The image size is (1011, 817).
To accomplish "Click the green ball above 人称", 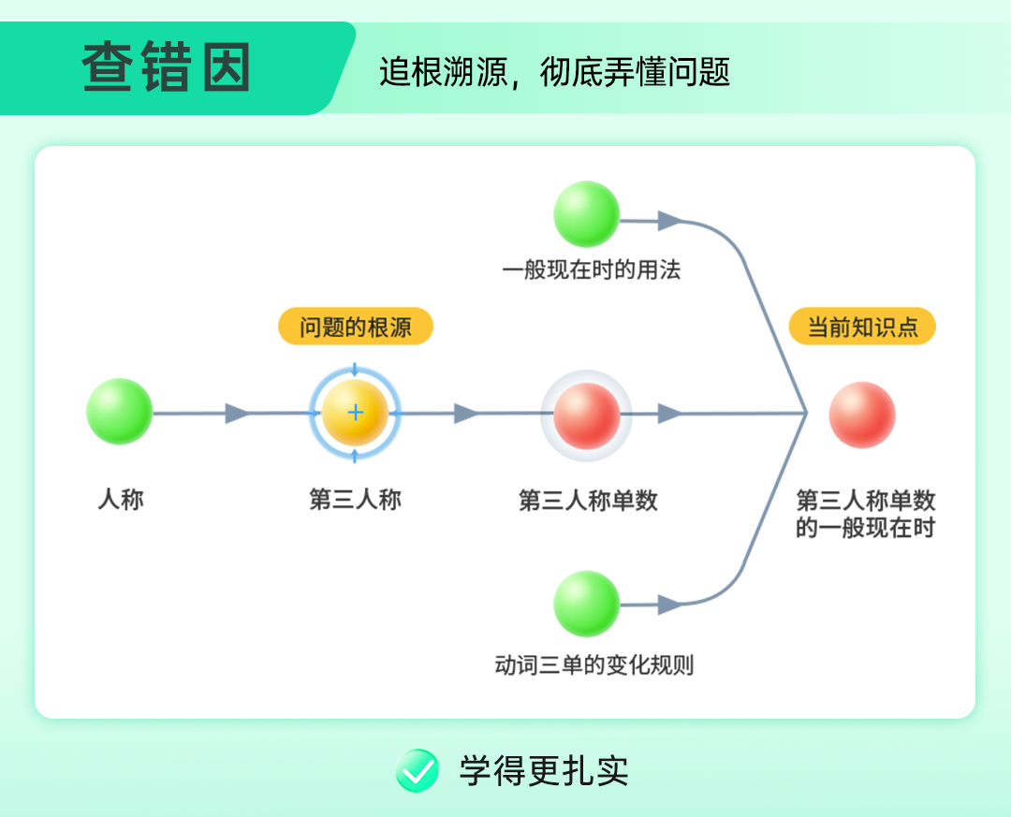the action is coord(119,412).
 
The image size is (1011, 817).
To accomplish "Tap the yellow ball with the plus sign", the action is coord(355,413).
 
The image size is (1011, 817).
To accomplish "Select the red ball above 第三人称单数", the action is coord(587,416).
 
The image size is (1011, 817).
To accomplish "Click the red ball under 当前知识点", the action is coord(862,415).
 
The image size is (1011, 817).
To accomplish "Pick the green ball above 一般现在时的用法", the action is coord(587,214).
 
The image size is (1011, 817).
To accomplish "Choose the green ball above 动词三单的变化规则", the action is coord(587,604).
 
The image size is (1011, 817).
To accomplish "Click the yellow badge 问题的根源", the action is coord(356,327).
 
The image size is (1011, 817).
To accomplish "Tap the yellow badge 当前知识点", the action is coord(862,327).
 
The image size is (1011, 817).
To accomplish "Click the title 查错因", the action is coord(167,66).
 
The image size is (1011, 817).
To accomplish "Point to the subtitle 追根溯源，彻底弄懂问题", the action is coord(554,71).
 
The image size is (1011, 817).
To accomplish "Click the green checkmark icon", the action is coord(418,770).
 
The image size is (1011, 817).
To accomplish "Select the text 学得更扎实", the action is coord(544,770).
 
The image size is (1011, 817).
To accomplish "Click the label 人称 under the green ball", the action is coord(121,499).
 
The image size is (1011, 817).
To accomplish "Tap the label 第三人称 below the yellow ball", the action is coord(356,499).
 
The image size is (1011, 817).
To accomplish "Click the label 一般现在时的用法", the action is coord(592,270).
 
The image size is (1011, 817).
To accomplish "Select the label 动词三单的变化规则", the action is coord(593,664).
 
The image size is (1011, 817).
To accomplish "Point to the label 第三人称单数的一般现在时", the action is coord(865,513).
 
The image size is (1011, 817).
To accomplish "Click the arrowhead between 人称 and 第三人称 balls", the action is coord(237,414).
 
